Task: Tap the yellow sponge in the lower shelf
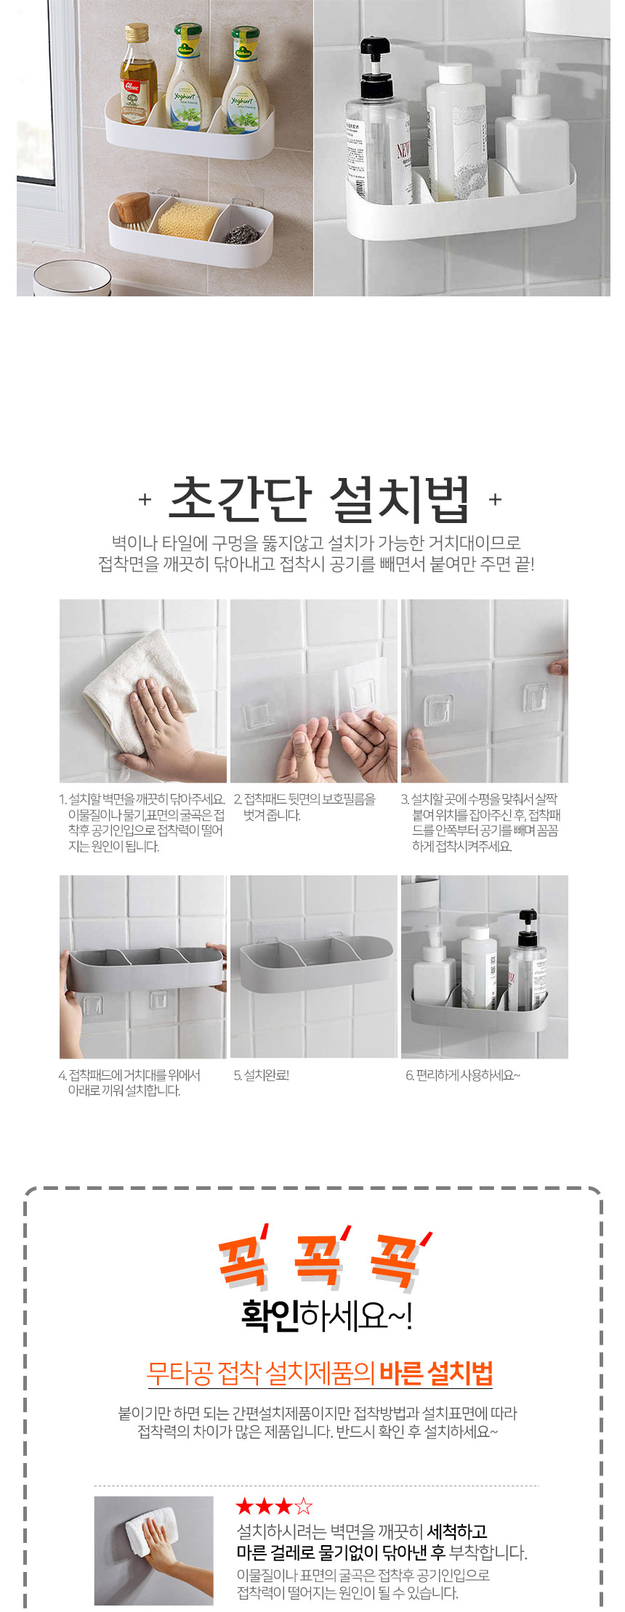188,219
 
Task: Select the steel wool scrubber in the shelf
239,232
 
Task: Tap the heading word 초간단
241,499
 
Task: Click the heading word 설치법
400,499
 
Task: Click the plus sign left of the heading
145,500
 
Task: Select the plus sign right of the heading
495,500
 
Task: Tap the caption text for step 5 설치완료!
262,1075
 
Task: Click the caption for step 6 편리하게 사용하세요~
463,1075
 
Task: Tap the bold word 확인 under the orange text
270,1316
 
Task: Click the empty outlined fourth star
304,1507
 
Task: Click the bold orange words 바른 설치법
436,1373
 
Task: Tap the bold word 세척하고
457,1532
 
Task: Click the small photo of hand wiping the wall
153,1551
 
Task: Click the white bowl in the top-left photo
71,279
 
